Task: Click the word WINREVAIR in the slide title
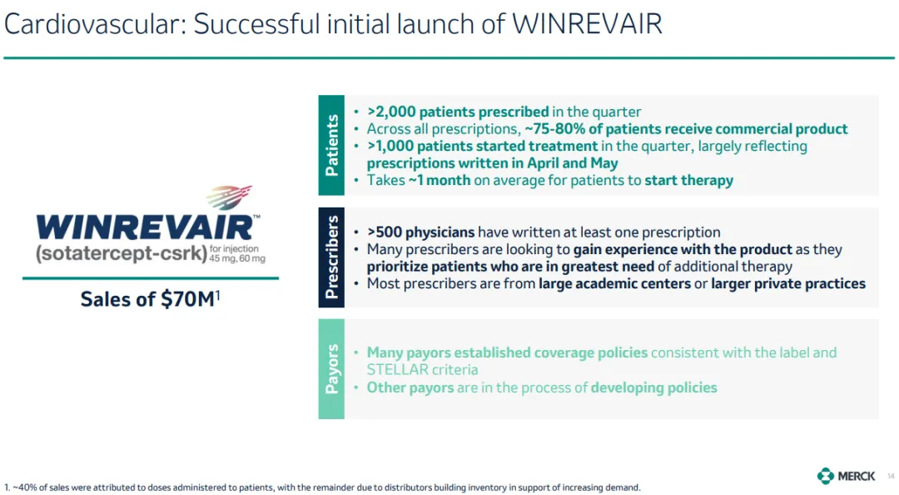click(x=587, y=24)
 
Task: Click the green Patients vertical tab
click(x=331, y=145)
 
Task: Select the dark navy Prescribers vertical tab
click(x=331, y=257)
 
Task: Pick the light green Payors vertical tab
click(x=331, y=368)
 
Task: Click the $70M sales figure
click(x=188, y=298)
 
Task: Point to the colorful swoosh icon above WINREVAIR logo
click(x=230, y=197)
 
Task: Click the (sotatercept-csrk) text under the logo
click(x=121, y=253)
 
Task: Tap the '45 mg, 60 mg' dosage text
click(x=236, y=258)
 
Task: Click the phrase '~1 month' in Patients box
click(x=440, y=180)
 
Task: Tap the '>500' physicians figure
click(x=385, y=232)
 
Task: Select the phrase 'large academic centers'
click(x=614, y=283)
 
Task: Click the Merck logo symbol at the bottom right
click(x=826, y=476)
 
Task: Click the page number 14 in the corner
click(x=891, y=476)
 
